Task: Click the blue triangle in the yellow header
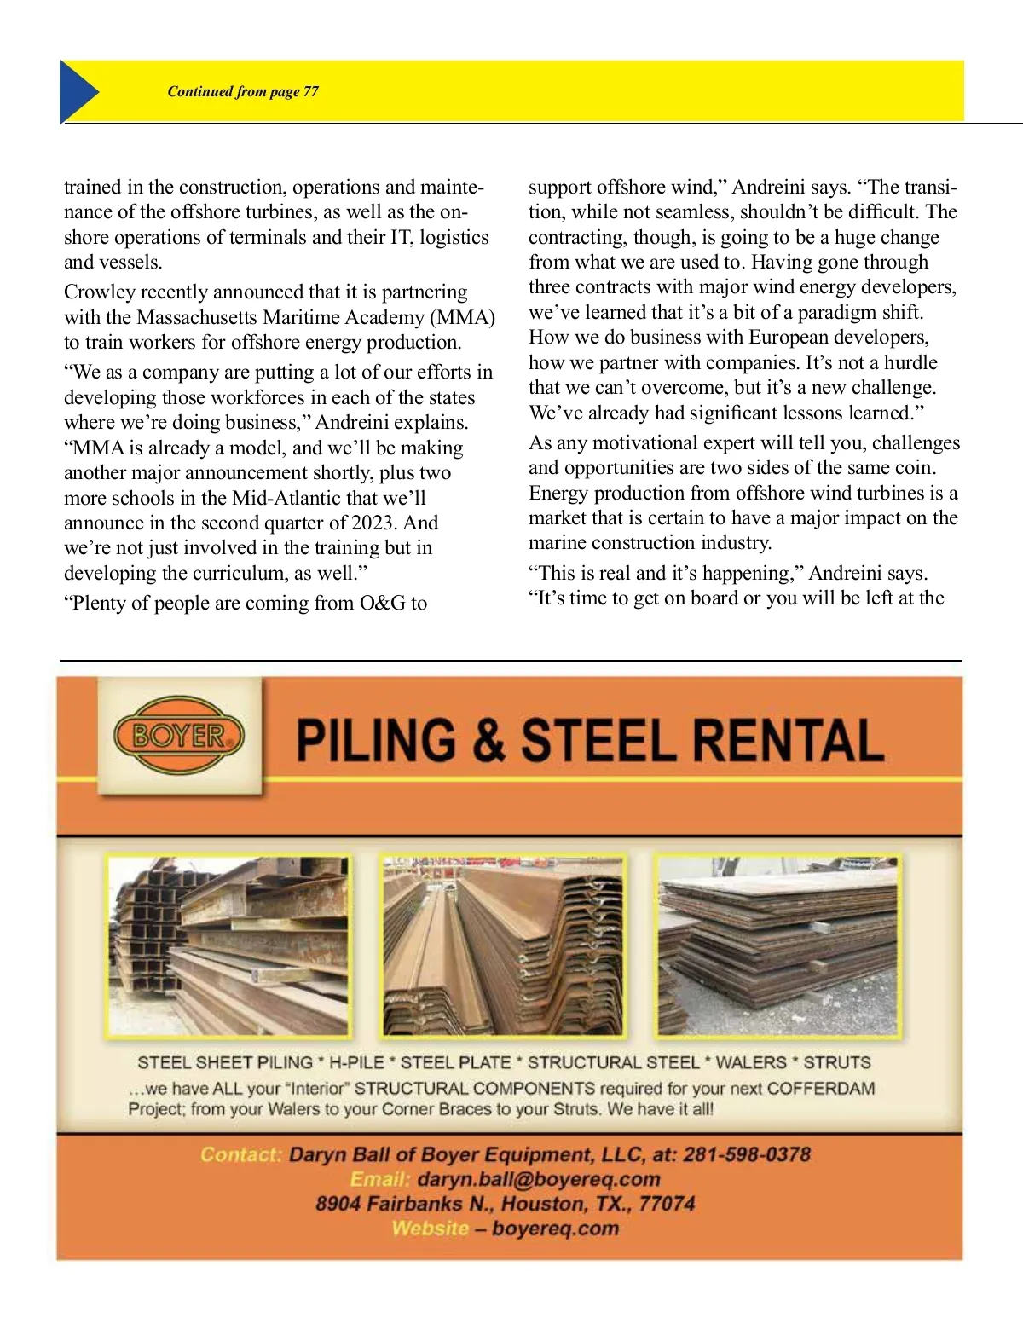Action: pyautogui.click(x=78, y=91)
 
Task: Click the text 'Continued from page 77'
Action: pyautogui.click(x=243, y=92)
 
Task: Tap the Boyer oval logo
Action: pyautogui.click(x=179, y=735)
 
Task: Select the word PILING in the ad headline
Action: pyautogui.click(x=376, y=740)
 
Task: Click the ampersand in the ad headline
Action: pyautogui.click(x=488, y=740)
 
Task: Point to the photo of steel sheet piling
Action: pyautogui.click(x=503, y=946)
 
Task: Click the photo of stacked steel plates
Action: pyautogui.click(x=777, y=946)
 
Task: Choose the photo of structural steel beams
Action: pyautogui.click(x=228, y=946)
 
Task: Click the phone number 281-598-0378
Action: pyautogui.click(x=747, y=1154)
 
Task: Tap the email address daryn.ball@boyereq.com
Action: pyautogui.click(x=539, y=1179)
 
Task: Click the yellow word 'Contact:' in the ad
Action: pyautogui.click(x=241, y=1154)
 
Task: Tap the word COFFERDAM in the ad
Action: pyautogui.click(x=820, y=1089)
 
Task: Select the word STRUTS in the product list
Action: pyautogui.click(x=836, y=1063)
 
